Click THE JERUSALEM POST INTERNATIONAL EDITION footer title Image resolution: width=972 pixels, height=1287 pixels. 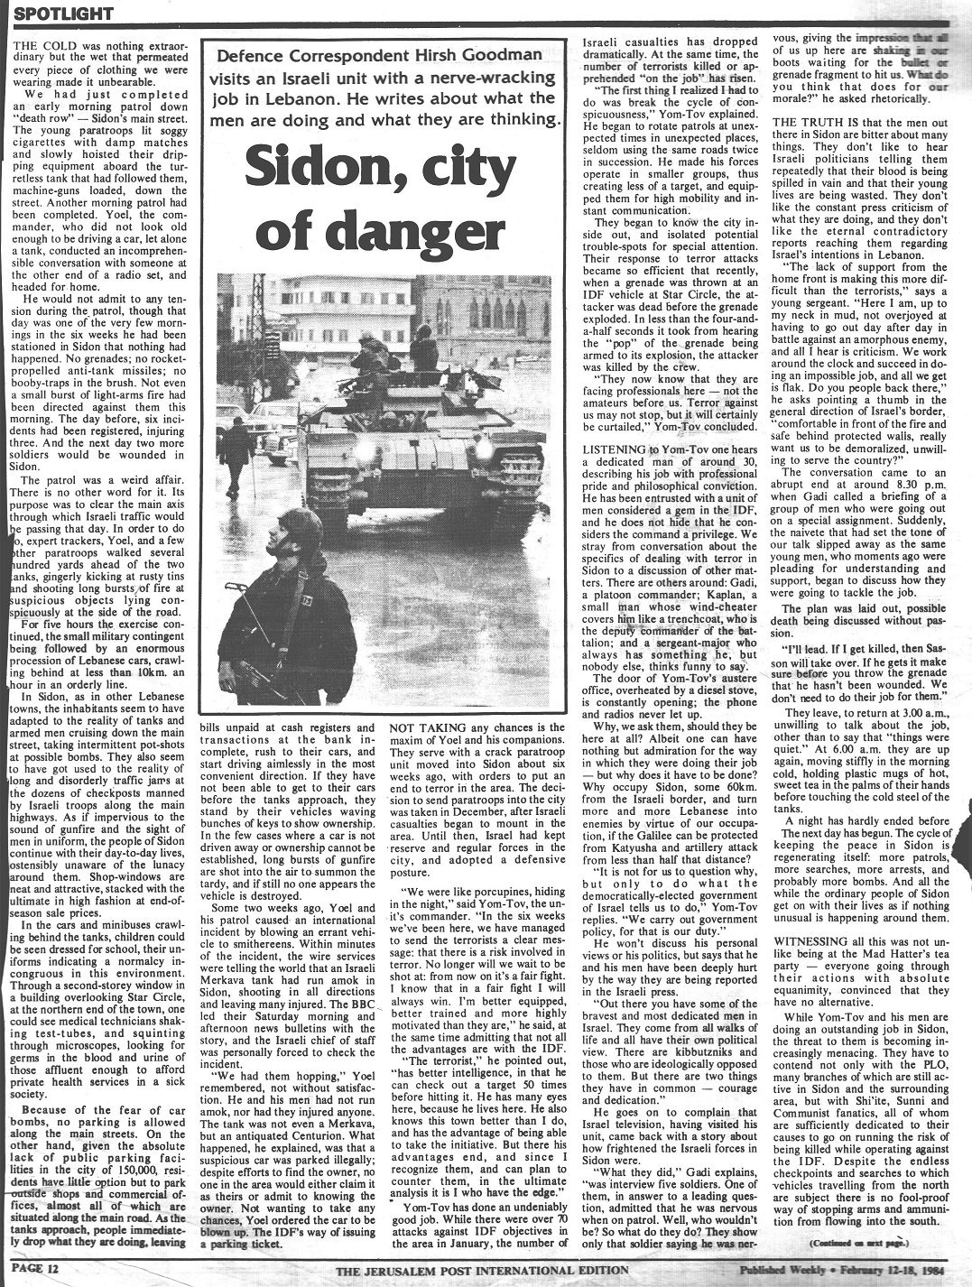pos(483,1271)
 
